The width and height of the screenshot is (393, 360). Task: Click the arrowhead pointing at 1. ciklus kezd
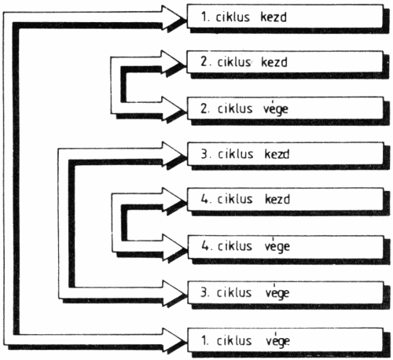coord(173,18)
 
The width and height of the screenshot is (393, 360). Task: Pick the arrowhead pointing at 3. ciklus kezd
coord(173,155)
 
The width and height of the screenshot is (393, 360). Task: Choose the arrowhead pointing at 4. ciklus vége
coord(173,247)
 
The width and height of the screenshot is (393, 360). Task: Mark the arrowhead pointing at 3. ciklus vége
coord(173,293)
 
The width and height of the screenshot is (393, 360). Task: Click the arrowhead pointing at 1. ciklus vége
coord(173,340)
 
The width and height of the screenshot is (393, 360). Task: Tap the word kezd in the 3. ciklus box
coord(277,154)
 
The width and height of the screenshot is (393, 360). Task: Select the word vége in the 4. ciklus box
coord(277,246)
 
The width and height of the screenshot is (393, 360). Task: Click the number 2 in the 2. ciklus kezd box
coord(204,61)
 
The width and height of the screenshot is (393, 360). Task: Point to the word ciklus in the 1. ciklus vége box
coord(234,340)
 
